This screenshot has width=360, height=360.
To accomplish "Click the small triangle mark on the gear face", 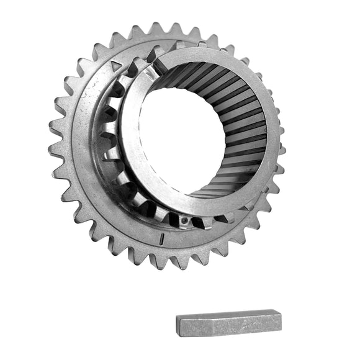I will tap(116, 65).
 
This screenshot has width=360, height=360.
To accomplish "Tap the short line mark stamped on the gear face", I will tap(161, 237).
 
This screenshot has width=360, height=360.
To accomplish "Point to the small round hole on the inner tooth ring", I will tap(184, 220).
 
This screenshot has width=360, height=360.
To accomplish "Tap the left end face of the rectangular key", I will tap(181, 325).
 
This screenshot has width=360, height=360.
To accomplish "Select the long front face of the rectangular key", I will tap(230, 326).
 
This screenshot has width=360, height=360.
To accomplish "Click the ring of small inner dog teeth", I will tap(112, 149).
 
